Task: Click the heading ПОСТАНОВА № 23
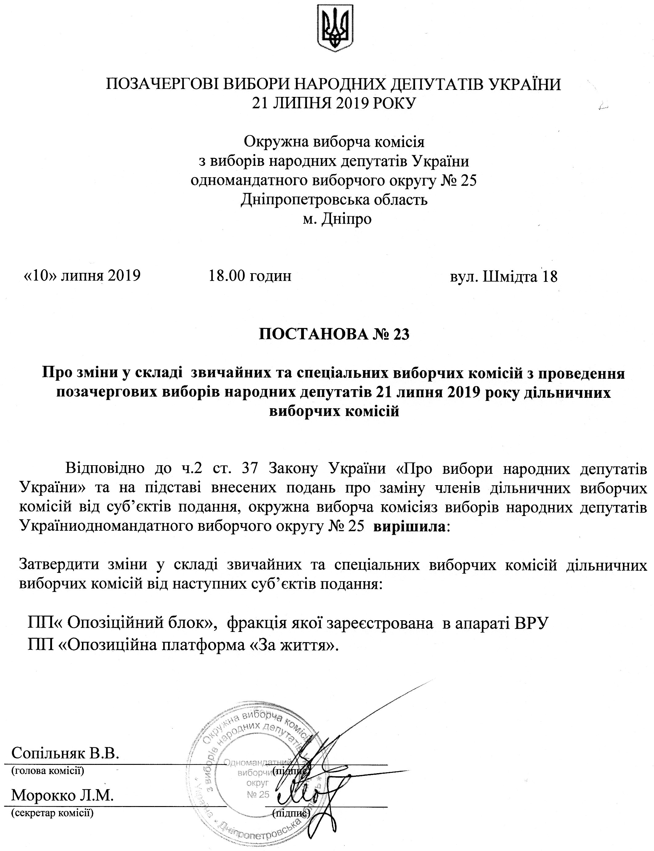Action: (x=334, y=335)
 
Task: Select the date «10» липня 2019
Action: (x=82, y=276)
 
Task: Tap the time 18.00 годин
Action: (x=250, y=276)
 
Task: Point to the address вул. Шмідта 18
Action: (x=504, y=277)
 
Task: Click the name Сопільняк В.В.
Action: (x=65, y=753)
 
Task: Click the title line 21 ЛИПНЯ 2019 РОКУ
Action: (x=334, y=103)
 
